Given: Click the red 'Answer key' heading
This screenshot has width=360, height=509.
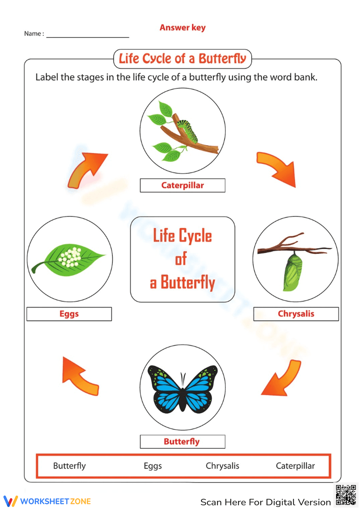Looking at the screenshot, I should pyautogui.click(x=183, y=28).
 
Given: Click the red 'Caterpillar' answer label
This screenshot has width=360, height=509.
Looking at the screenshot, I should pyautogui.click(x=183, y=186).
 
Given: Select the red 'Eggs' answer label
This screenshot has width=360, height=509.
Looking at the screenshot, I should pyautogui.click(x=69, y=314).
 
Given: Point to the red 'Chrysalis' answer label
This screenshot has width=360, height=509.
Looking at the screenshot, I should pyautogui.click(x=296, y=314).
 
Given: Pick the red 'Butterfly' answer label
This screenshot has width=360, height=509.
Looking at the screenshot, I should pyautogui.click(x=182, y=442).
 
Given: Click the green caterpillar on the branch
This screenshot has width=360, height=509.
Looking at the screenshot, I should pyautogui.click(x=188, y=130).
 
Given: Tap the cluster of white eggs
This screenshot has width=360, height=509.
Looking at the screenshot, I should pyautogui.click(x=71, y=257).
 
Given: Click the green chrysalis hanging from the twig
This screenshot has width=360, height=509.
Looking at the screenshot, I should pyautogui.click(x=293, y=272).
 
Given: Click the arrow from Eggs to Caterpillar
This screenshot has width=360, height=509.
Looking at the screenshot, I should pyautogui.click(x=86, y=169).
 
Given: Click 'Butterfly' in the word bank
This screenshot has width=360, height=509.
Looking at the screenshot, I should pyautogui.click(x=69, y=466).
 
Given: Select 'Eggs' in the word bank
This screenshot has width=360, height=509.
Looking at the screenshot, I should pyautogui.click(x=153, y=466).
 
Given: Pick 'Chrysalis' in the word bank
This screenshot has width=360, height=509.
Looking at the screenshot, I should pyautogui.click(x=222, y=466).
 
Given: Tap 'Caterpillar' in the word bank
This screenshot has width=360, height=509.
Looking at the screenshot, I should pyautogui.click(x=295, y=466).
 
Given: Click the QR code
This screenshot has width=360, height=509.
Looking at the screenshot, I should pyautogui.click(x=346, y=495).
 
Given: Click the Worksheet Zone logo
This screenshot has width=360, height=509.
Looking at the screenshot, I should pyautogui.click(x=47, y=501).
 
